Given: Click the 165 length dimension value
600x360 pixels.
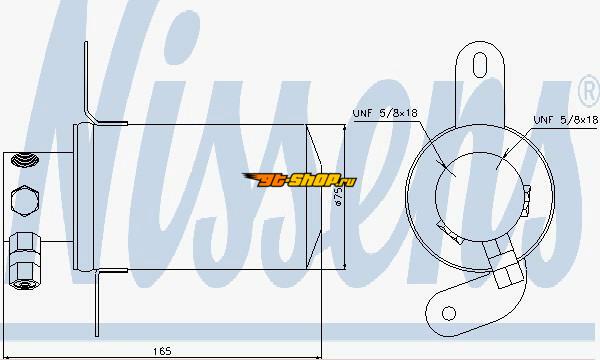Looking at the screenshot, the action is click(162, 351).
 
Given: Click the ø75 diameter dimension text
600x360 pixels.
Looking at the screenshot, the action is click(338, 196).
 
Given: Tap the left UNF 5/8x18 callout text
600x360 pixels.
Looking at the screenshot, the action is click(385, 113).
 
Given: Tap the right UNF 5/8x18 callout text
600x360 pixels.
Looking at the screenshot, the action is click(566, 120).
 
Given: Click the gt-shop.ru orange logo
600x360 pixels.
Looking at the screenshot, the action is click(300, 179).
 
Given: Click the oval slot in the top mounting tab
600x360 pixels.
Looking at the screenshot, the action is click(480, 65).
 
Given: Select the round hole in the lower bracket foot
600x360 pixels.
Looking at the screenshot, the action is click(448, 313).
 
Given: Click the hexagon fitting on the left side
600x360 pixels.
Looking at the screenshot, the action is click(24, 201).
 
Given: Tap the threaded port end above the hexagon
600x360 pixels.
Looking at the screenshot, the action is click(25, 160).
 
